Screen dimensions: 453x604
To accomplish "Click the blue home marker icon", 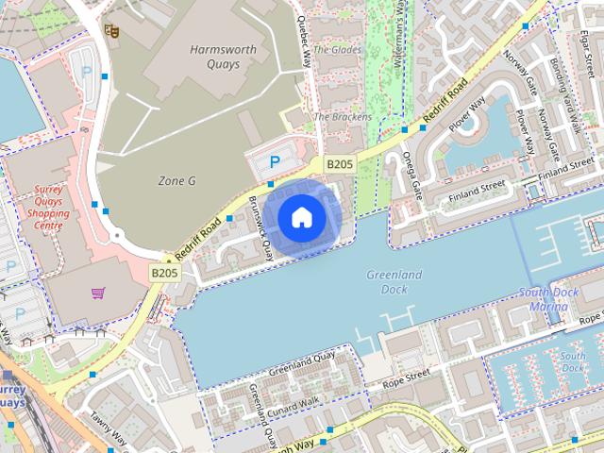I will click(300, 218).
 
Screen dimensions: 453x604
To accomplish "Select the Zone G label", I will click(176, 179).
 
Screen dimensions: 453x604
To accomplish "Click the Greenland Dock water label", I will click(394, 282).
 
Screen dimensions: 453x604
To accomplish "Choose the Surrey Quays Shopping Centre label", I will click(42, 207).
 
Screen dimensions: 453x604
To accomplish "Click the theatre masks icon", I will click(111, 30).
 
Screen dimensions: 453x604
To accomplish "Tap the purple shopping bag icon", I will click(98, 294).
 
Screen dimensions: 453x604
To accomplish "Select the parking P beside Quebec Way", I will click(275, 161).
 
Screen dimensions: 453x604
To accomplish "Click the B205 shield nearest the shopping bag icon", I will click(164, 273).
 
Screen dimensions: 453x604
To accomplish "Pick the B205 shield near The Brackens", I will click(340, 164).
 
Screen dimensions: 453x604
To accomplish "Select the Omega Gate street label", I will click(412, 176).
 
